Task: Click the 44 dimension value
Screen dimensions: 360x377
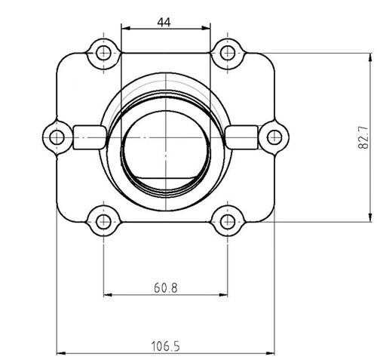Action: [x=164, y=22]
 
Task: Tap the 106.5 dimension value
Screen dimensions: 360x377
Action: [x=165, y=346]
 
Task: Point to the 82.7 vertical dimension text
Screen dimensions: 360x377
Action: [x=363, y=137]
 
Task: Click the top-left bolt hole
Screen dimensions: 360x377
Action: [x=103, y=52]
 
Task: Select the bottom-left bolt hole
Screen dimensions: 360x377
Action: [x=103, y=221]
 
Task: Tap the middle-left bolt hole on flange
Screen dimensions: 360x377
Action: [x=55, y=137]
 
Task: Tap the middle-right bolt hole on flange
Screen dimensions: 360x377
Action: [x=274, y=137]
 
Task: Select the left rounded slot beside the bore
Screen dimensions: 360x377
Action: [x=90, y=137]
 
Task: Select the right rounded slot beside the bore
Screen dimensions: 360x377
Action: [x=241, y=137]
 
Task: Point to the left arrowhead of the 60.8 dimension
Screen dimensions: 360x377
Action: [x=106, y=294]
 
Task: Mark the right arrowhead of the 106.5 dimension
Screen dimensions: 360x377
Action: [x=271, y=352]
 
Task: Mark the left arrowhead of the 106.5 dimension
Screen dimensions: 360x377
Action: [x=61, y=352]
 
